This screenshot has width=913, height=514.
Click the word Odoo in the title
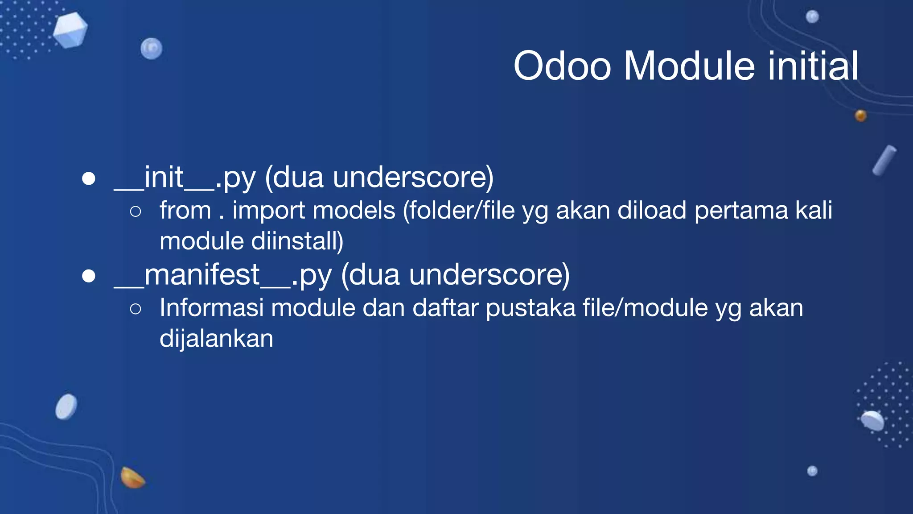[562, 66]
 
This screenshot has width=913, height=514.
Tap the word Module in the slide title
[689, 66]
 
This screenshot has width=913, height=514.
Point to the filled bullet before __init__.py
[89, 179]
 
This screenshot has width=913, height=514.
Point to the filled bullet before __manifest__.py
[89, 276]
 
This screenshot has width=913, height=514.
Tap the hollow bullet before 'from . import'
[136, 211]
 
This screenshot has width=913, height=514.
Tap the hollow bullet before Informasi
[136, 309]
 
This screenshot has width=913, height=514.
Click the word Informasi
[211, 308]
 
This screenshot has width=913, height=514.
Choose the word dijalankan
[217, 339]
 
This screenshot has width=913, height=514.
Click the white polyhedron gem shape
[70, 30]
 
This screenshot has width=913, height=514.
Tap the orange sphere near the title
[860, 116]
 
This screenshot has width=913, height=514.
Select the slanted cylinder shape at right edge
[884, 160]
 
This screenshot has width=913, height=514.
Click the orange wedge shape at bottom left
[132, 478]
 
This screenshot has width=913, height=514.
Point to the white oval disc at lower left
[66, 406]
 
